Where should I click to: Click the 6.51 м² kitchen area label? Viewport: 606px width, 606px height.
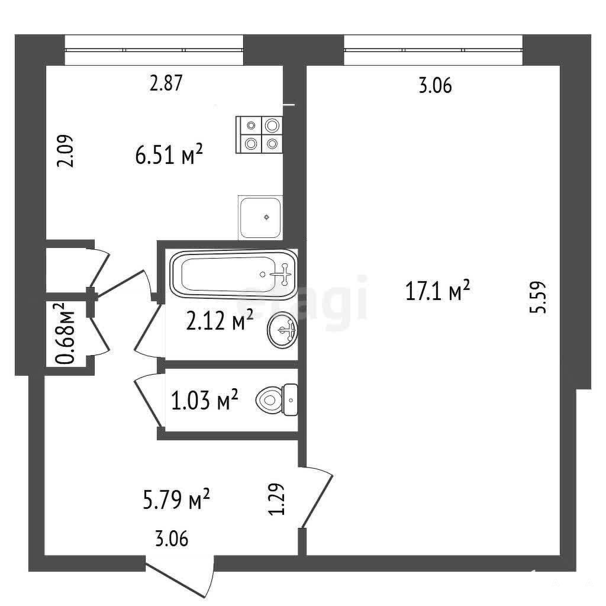(169, 154)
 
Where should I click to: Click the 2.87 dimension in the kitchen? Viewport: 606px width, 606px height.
(166, 83)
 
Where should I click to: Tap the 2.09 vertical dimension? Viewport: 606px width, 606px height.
(65, 151)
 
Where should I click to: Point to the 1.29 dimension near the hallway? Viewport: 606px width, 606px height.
(277, 499)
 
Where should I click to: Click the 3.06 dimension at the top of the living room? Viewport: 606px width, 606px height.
(435, 85)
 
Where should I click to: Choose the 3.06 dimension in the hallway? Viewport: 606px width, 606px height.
(172, 539)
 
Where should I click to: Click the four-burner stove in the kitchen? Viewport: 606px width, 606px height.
(259, 134)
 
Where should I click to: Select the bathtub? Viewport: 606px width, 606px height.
(233, 275)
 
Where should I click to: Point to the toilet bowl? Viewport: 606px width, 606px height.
(277, 399)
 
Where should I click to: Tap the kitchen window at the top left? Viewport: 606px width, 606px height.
(154, 50)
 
